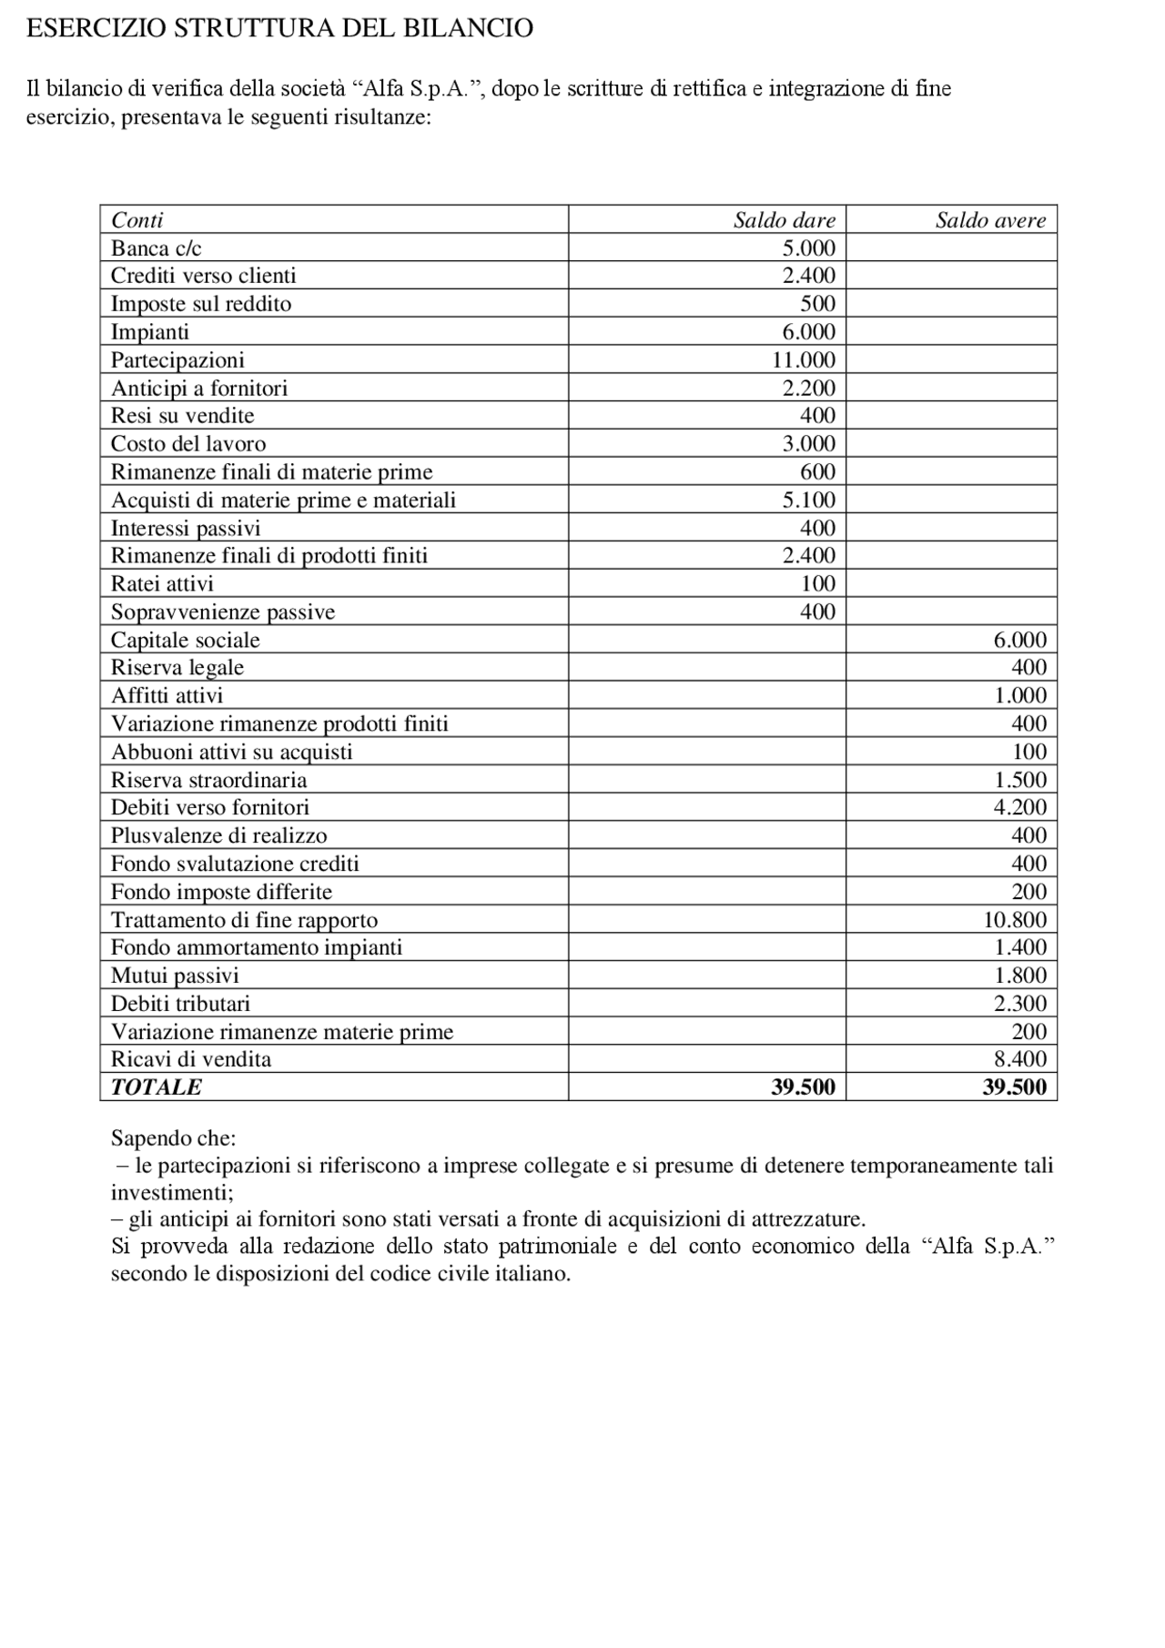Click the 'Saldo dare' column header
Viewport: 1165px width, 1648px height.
[784, 220]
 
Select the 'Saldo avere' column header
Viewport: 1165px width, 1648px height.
[990, 220]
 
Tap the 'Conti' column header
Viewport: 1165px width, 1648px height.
[137, 220]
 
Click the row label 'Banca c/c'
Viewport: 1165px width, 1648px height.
[156, 248]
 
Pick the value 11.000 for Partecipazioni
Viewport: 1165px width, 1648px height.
[803, 360]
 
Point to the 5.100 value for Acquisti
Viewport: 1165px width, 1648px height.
[808, 500]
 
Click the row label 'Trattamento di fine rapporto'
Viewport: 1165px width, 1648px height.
[244, 920]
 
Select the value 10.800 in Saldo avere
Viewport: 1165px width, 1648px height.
[1014, 920]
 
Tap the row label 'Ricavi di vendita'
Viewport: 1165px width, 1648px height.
[191, 1059]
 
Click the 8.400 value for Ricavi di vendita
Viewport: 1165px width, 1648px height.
[1019, 1059]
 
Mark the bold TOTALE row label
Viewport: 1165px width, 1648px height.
[157, 1087]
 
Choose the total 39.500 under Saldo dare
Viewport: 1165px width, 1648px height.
[803, 1087]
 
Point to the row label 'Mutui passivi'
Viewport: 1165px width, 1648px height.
[175, 976]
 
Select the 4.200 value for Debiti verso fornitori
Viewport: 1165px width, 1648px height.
[1019, 807]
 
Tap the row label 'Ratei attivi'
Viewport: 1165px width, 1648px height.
[162, 584]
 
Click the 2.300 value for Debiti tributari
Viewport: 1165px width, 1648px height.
[1019, 1004]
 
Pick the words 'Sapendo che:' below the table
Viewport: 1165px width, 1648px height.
[173, 1138]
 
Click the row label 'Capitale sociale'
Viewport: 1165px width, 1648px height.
[185, 641]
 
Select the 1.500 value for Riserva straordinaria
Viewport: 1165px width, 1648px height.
[1019, 780]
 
